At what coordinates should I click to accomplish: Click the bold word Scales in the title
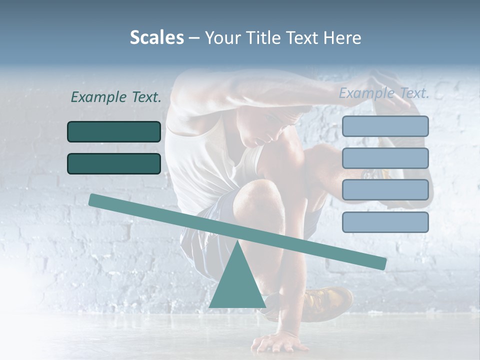[156, 37]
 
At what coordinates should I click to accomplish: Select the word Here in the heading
[342, 38]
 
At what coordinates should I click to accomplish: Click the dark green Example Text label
[116, 97]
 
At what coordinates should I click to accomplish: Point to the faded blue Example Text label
[384, 93]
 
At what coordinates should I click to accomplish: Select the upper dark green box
[114, 131]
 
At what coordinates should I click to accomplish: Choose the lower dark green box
[114, 163]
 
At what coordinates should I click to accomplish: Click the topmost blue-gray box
[385, 126]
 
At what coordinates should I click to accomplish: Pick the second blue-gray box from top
[385, 158]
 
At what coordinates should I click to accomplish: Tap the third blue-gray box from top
[385, 190]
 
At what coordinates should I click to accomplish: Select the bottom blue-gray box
[385, 222]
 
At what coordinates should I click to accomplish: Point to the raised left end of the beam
[95, 200]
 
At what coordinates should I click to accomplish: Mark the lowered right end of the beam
[380, 263]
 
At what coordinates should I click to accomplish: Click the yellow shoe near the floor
[327, 302]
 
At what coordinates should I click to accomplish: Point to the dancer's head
[262, 125]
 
